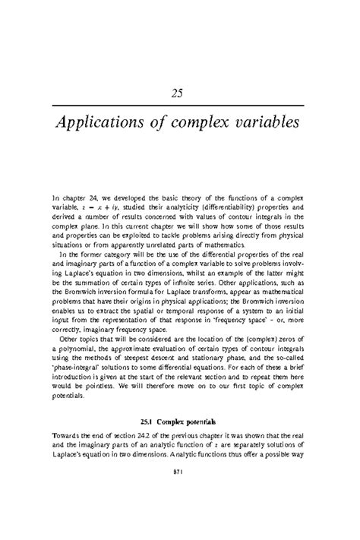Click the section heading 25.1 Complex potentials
(179, 420)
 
